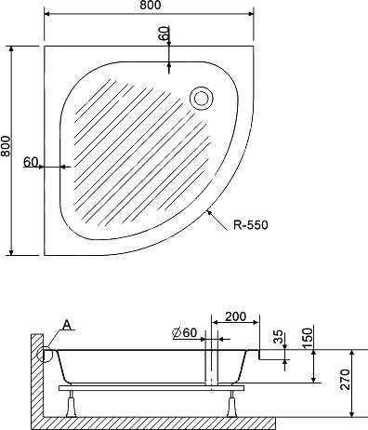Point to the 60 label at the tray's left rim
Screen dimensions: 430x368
[31, 162]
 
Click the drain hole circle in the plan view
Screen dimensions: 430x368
[200, 96]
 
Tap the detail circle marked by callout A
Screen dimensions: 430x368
[44, 353]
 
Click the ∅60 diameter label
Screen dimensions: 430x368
[182, 333]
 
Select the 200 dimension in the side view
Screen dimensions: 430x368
[235, 318]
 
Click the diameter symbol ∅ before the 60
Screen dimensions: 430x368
[175, 333]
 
